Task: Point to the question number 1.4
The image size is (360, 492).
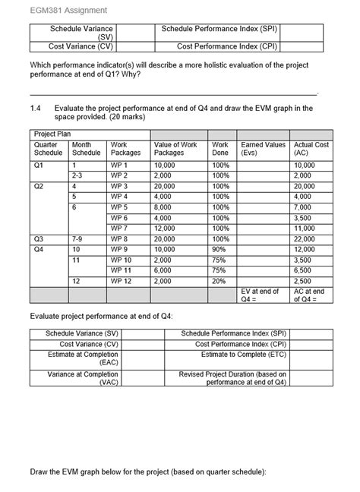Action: [36, 109]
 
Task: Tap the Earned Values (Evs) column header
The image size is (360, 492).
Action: [263, 148]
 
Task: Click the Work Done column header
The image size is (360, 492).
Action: [220, 148]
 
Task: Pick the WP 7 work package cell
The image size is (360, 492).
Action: [120, 228]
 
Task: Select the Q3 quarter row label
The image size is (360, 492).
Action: [39, 238]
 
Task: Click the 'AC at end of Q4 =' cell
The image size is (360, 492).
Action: [308, 295]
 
